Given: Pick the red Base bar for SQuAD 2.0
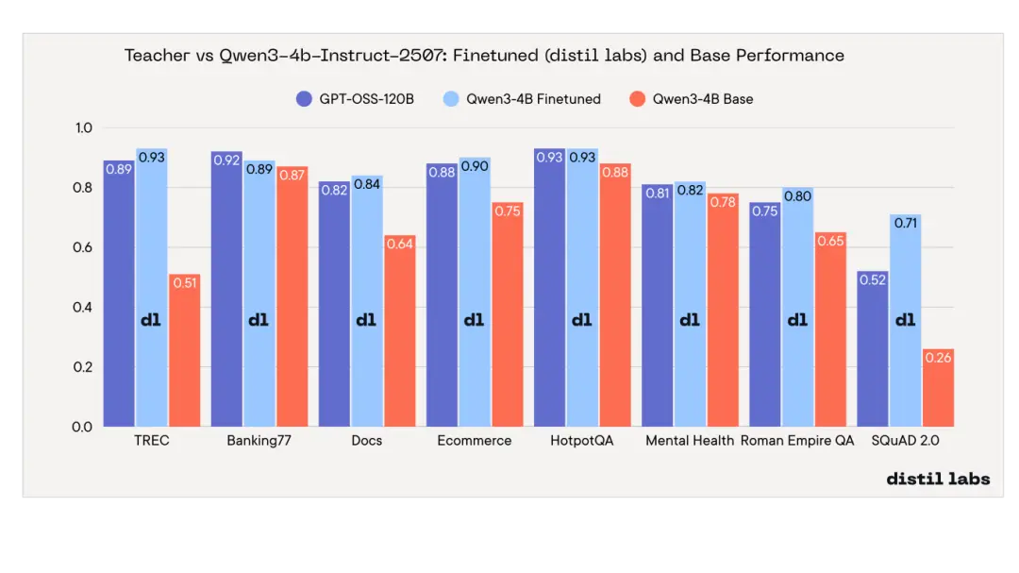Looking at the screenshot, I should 938,392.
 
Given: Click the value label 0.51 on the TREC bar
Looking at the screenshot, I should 185,282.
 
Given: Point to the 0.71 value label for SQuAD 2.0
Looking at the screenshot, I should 905,223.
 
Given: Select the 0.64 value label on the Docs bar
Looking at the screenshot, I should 400,244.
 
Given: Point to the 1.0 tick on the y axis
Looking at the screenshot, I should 83,128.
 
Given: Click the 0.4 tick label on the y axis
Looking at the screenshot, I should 83,308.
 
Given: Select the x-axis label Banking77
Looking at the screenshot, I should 259,441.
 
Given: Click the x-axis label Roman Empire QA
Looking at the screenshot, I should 797,441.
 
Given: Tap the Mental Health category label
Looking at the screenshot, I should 690,441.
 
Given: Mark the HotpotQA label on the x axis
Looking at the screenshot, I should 581,441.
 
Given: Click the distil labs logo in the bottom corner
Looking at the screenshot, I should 938,479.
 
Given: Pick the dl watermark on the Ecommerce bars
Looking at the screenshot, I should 474,320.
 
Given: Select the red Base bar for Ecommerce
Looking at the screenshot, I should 507,321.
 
